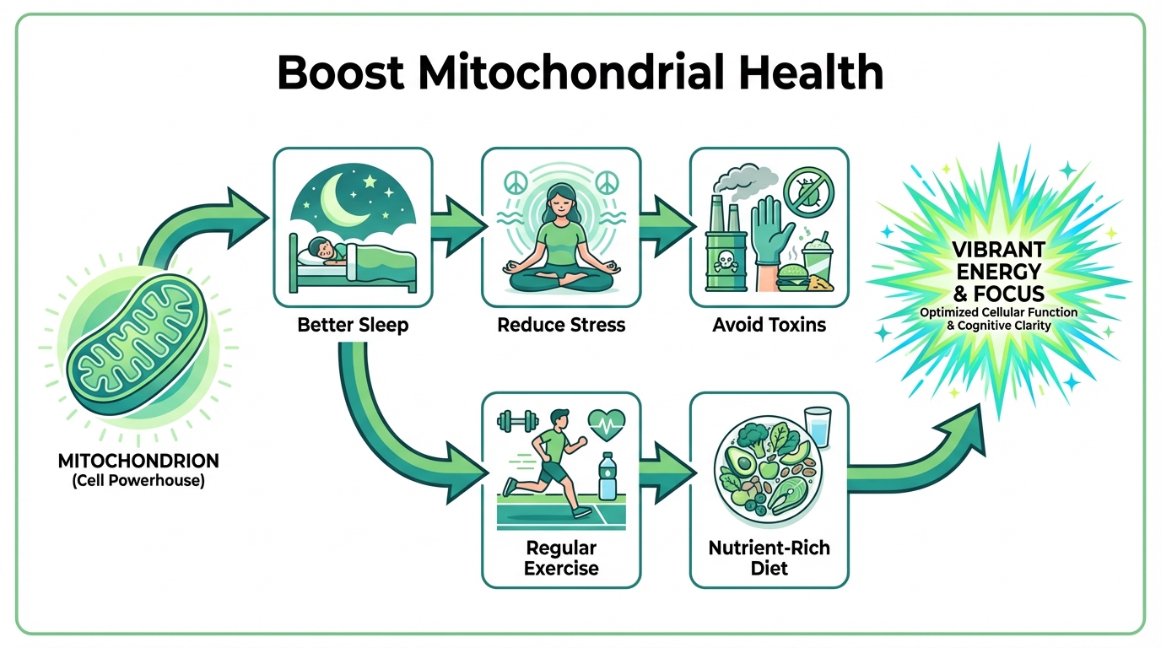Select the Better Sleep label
pyautogui.click(x=353, y=325)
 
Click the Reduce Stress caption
pyautogui.click(x=561, y=325)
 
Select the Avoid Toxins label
pyautogui.click(x=769, y=325)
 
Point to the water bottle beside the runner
pyautogui.click(x=606, y=478)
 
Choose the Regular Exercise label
pyautogui.click(x=561, y=558)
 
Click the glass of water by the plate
pyautogui.click(x=818, y=425)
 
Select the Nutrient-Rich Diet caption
pyautogui.click(x=769, y=558)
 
